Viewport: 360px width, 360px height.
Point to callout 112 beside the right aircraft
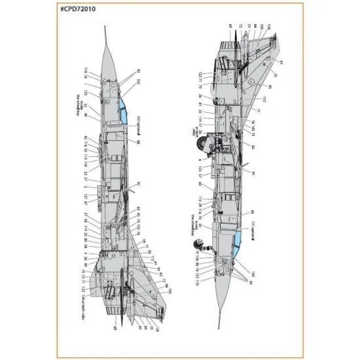tap(266, 99)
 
